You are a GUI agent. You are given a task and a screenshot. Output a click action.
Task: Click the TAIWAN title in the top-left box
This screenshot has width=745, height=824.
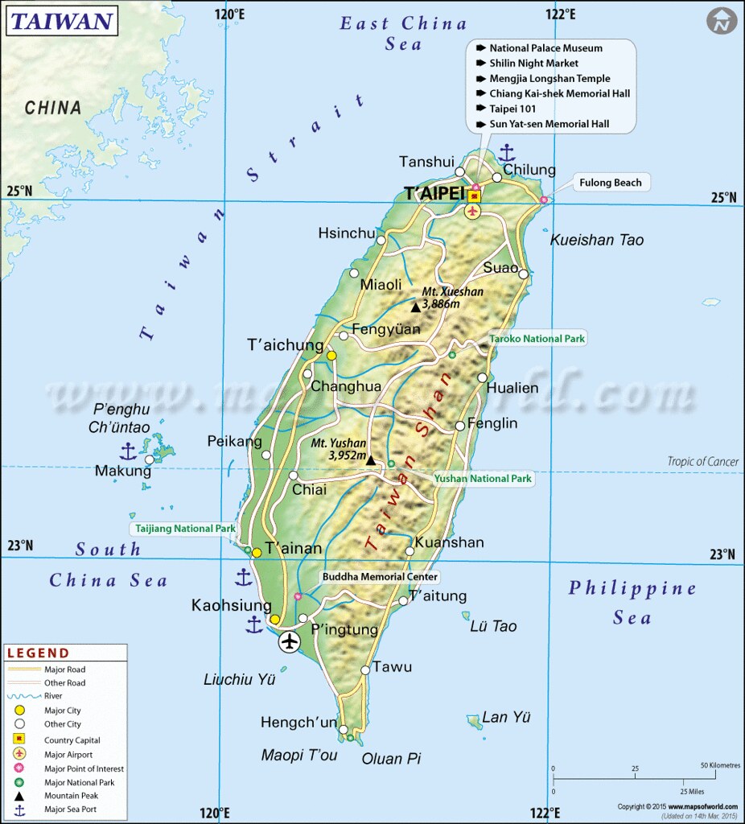[x=60, y=21]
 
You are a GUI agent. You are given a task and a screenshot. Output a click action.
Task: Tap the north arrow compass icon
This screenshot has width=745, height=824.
[x=722, y=21]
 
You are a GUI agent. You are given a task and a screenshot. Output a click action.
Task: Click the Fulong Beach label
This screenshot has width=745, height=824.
[x=611, y=183]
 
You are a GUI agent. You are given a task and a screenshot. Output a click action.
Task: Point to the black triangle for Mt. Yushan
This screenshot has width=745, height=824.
[x=371, y=460]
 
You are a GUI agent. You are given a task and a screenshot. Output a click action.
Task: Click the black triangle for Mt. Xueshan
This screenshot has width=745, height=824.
[x=415, y=307]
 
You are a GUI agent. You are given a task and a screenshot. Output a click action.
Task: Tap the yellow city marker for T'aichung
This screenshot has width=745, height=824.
[x=331, y=355]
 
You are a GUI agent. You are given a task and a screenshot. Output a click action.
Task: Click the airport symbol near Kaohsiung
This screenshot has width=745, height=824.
[x=289, y=641]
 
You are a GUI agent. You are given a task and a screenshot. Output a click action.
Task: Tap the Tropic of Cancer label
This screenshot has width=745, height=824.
[x=702, y=461]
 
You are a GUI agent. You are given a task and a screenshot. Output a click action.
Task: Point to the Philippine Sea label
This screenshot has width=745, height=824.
[x=632, y=603]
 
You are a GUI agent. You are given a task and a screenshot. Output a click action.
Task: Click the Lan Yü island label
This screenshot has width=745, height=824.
[x=507, y=717]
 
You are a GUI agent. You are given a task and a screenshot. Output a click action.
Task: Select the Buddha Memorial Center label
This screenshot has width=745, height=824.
[x=380, y=577]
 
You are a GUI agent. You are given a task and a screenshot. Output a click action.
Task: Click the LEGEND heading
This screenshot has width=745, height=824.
[x=39, y=653]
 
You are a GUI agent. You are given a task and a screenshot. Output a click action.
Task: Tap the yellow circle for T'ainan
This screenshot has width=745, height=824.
[x=257, y=552]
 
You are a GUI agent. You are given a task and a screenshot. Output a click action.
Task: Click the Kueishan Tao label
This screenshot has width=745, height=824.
[x=596, y=240]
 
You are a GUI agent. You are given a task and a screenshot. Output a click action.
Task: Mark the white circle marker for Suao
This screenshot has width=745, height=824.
[x=523, y=274]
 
